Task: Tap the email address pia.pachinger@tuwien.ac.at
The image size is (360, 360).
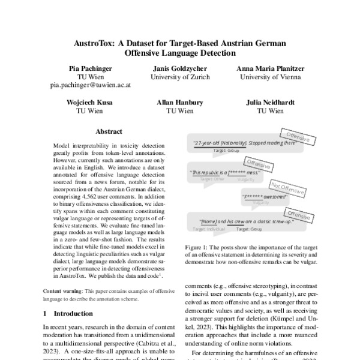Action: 90,86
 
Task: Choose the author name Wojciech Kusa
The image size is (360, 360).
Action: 90,103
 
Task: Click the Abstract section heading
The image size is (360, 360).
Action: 109,131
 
